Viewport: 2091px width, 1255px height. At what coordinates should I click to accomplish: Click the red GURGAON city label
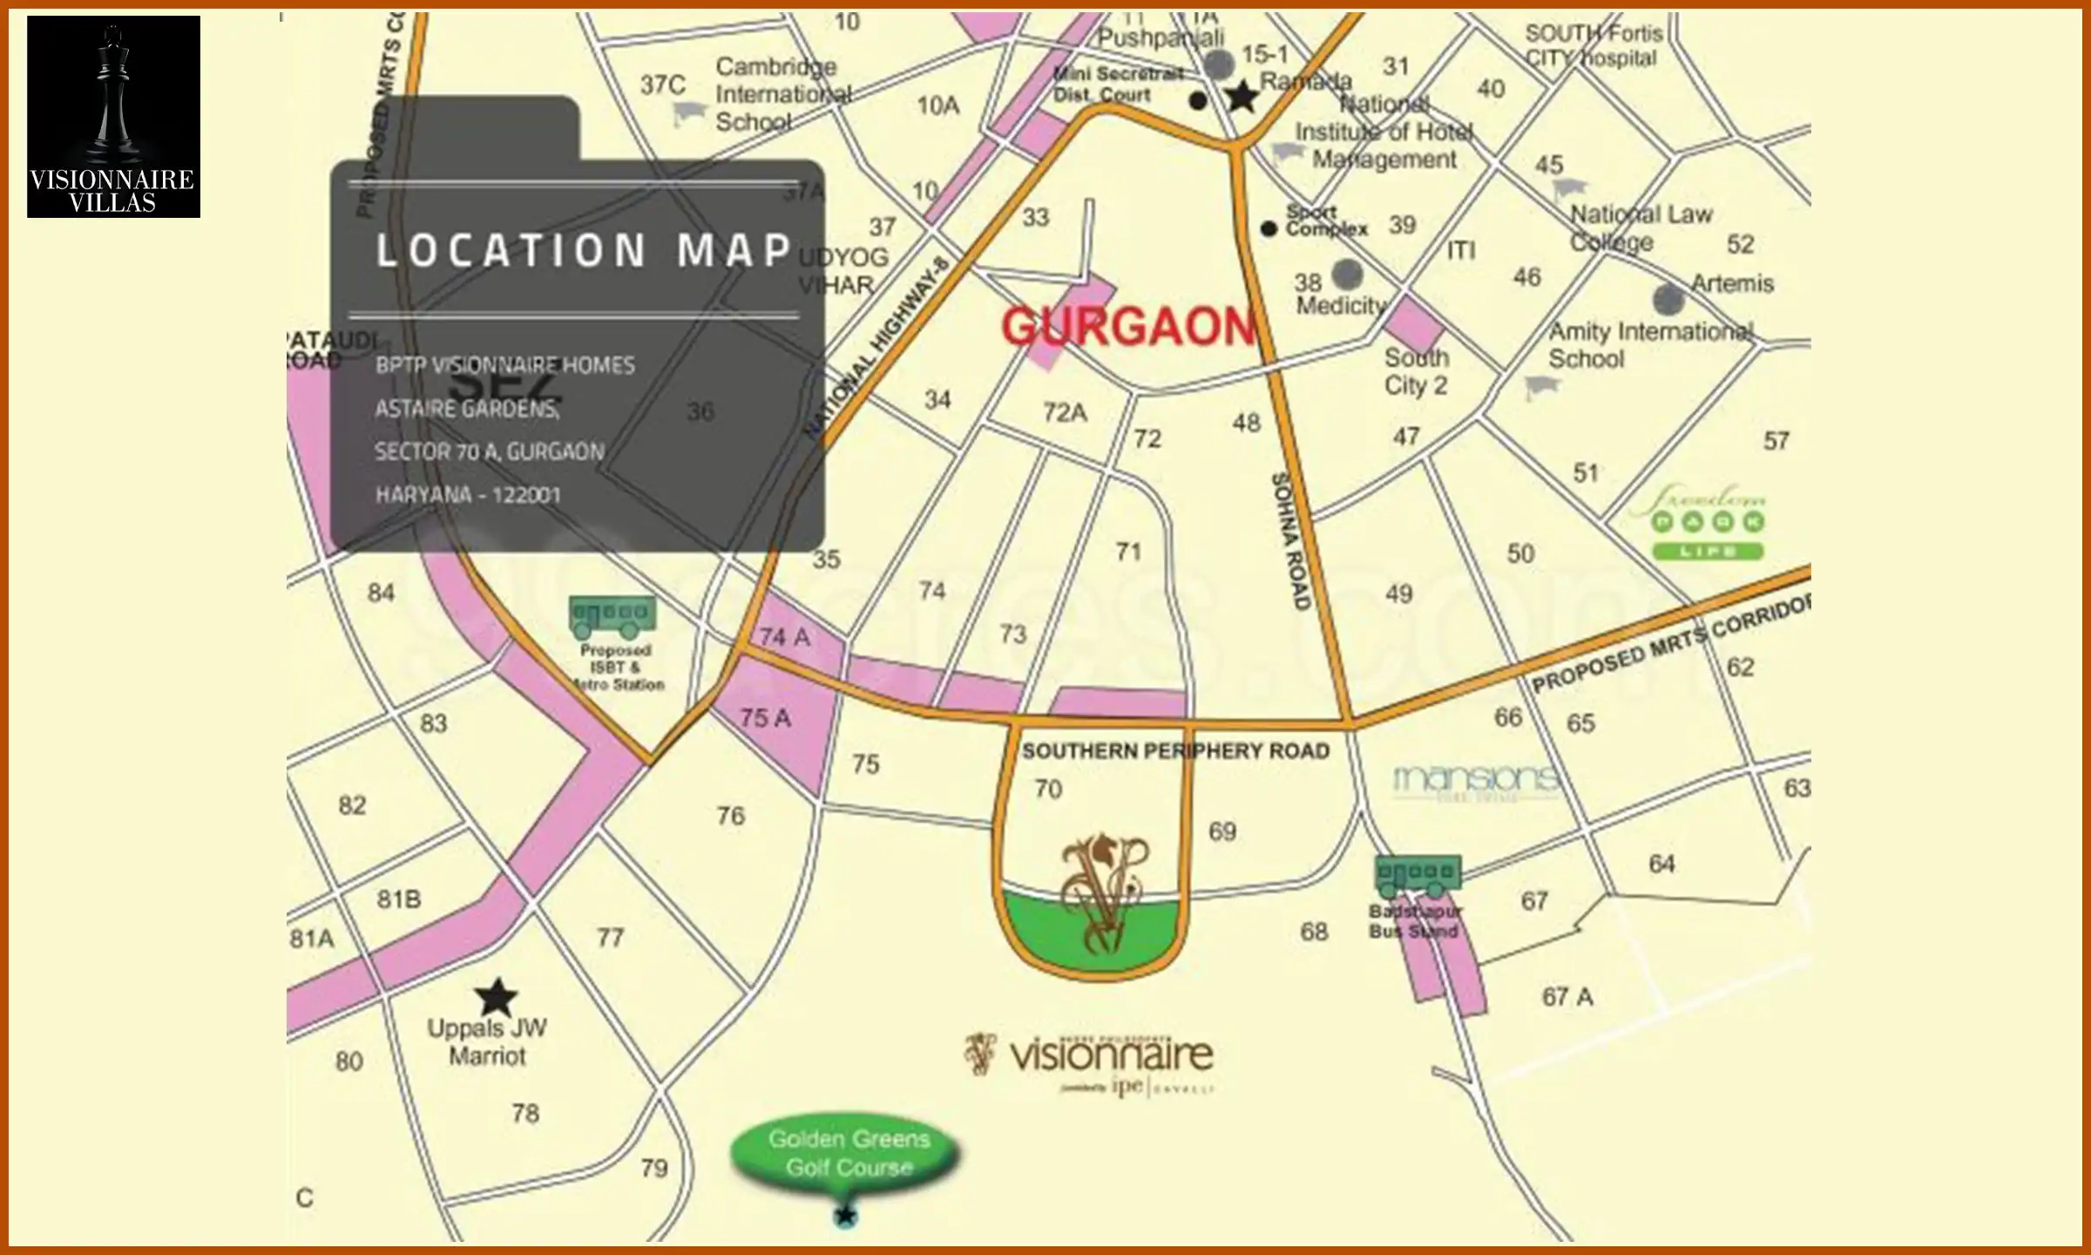1128,327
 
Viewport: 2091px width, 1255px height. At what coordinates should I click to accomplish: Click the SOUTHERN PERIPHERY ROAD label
1175,751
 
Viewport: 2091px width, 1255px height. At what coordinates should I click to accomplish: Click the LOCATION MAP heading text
583,251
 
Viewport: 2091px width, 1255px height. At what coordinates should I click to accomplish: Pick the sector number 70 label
1048,790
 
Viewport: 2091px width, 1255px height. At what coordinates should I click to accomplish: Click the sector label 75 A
765,718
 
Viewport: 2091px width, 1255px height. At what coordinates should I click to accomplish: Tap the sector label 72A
1065,412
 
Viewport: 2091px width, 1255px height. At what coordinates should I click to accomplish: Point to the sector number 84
381,594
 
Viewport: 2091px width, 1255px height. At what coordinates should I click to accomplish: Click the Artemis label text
1732,284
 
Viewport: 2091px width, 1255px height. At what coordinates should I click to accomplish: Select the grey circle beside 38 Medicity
1348,274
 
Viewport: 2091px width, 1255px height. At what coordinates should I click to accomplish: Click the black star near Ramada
1242,97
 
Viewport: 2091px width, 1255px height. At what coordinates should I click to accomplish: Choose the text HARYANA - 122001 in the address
467,495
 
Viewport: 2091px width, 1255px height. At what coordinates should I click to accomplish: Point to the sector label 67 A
1567,997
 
